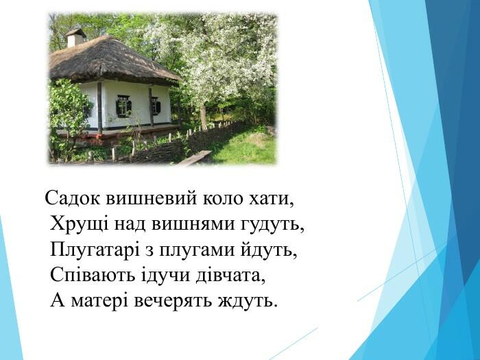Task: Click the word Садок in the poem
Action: point(72,198)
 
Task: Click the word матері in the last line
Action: point(99,302)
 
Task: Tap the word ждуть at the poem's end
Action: point(247,301)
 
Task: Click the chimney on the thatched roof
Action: point(76,38)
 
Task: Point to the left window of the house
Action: point(123,106)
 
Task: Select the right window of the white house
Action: point(156,106)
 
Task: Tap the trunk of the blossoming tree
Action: point(203,117)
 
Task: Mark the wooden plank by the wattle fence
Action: point(195,158)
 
